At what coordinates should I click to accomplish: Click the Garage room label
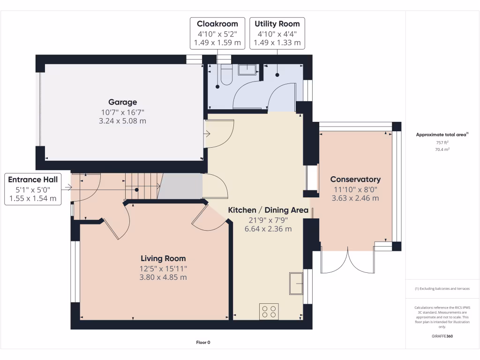[x=123, y=102]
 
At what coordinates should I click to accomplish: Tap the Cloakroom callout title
[x=217, y=24]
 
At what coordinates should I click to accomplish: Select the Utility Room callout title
[x=277, y=24]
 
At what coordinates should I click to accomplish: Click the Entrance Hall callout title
[x=33, y=180]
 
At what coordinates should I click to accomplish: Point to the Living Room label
[x=163, y=258]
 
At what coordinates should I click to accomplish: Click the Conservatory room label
[x=355, y=179]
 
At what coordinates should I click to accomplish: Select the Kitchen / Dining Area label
[x=268, y=210]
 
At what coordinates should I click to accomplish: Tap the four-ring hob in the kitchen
[x=269, y=311]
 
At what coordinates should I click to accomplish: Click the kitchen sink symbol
[x=296, y=283]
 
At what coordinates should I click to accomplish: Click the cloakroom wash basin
[x=247, y=69]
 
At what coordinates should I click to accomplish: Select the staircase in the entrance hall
[x=141, y=186]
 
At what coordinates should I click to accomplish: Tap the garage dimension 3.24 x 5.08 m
[x=123, y=121]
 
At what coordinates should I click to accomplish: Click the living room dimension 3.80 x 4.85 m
[x=163, y=277]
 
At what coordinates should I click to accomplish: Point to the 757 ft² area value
[x=442, y=142]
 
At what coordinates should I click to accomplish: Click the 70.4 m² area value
[x=442, y=150]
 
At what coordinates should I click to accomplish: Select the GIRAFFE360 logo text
[x=442, y=336]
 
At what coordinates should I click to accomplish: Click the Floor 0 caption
[x=203, y=343]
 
